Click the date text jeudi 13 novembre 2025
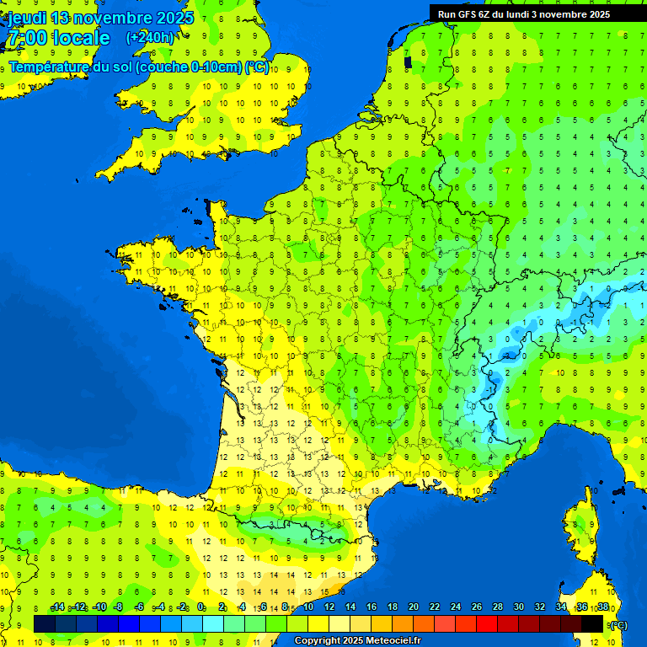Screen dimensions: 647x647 click(100, 18)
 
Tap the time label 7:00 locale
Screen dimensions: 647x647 click(58, 38)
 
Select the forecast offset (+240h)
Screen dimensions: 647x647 click(151, 38)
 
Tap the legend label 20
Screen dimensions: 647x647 click(414, 607)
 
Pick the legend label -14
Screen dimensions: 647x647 click(57, 607)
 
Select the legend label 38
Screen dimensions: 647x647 click(603, 607)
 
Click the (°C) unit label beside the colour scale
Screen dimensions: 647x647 click(618, 625)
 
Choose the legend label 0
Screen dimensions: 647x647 click(201, 607)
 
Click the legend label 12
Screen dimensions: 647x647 click(329, 607)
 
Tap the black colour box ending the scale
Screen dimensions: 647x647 click(592, 623)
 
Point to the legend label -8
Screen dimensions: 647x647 click(119, 607)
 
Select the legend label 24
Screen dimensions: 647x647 click(456, 607)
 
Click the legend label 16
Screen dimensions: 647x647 click(372, 607)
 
